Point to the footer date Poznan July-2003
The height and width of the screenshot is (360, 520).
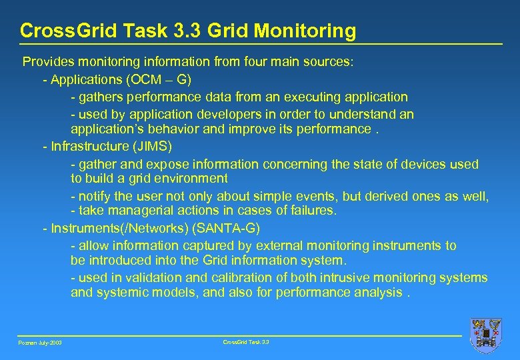[x=41, y=343]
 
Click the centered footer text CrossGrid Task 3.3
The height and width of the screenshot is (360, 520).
[x=245, y=341]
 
